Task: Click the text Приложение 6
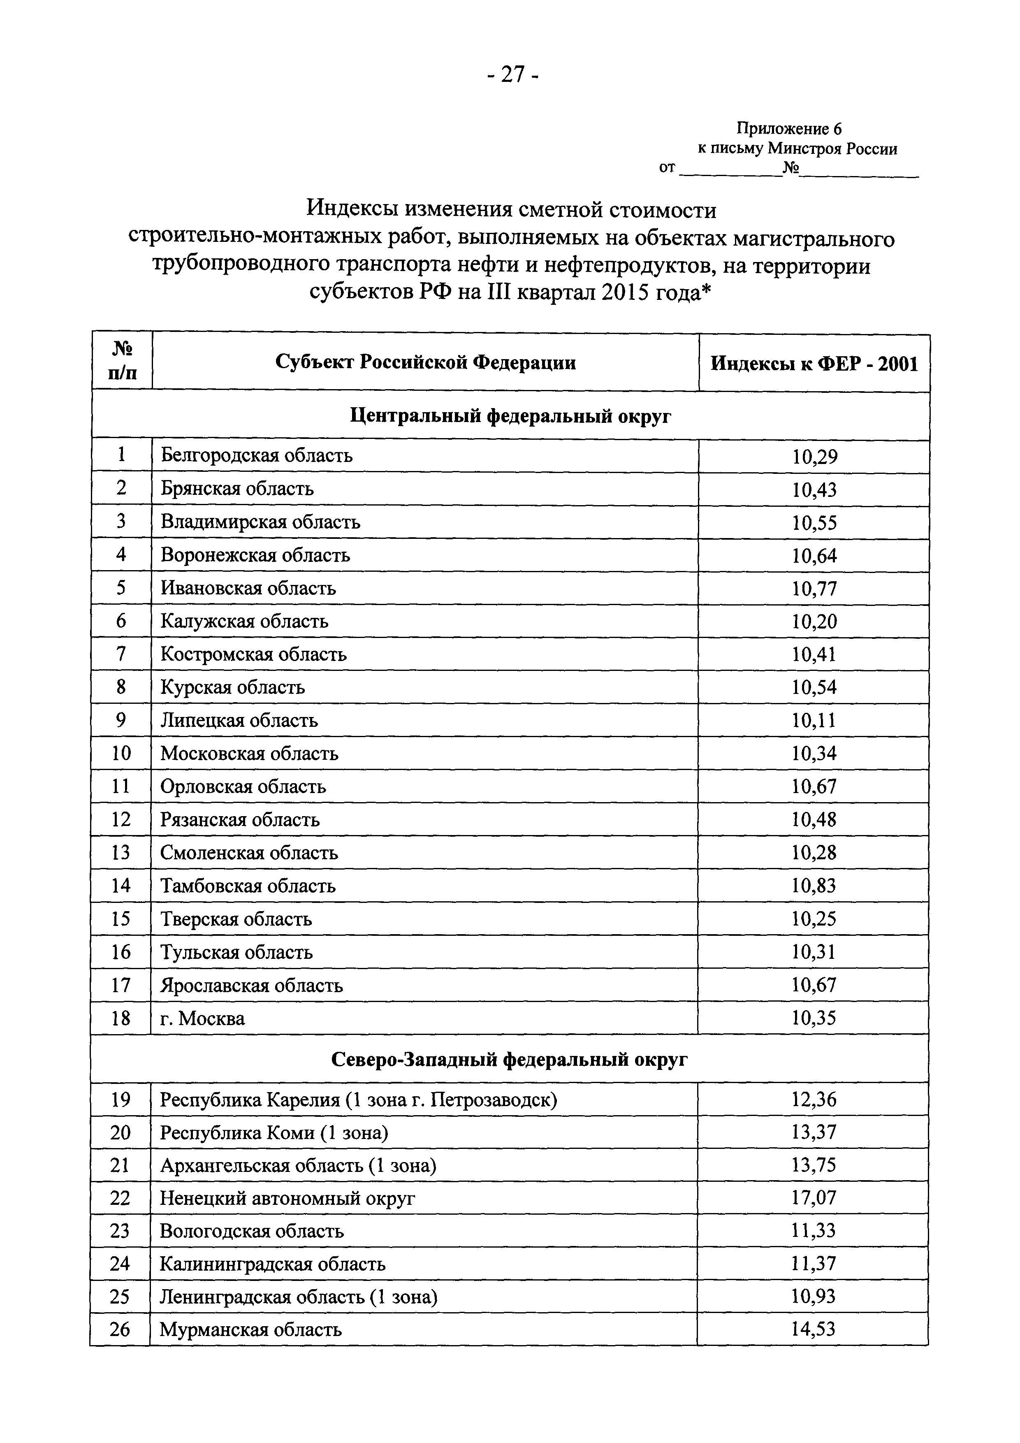click(789, 129)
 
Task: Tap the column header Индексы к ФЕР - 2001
click(814, 364)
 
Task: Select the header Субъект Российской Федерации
click(425, 363)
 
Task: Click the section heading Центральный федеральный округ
click(510, 416)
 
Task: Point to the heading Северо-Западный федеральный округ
click(509, 1060)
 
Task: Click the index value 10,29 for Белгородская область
click(814, 456)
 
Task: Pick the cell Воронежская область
click(255, 555)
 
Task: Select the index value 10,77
click(814, 589)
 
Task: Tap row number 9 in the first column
click(121, 720)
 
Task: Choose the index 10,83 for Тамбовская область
click(814, 886)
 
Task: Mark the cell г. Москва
click(202, 1018)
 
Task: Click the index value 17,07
click(813, 1198)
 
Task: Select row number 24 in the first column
click(119, 1264)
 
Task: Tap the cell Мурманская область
click(251, 1330)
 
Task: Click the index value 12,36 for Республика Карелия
click(813, 1100)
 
